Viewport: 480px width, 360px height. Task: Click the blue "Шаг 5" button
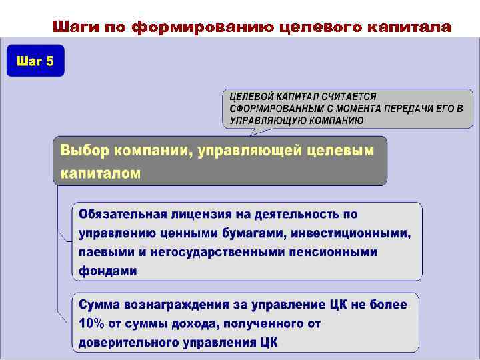[35, 62]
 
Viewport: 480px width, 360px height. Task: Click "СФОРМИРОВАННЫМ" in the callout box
[272, 109]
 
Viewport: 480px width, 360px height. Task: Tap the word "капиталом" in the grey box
[101, 173]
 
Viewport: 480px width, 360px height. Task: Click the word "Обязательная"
[121, 214]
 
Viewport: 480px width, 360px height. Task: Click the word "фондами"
[108, 271]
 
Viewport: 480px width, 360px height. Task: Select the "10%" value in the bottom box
[91, 323]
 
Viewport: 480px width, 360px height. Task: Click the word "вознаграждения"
[175, 305]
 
